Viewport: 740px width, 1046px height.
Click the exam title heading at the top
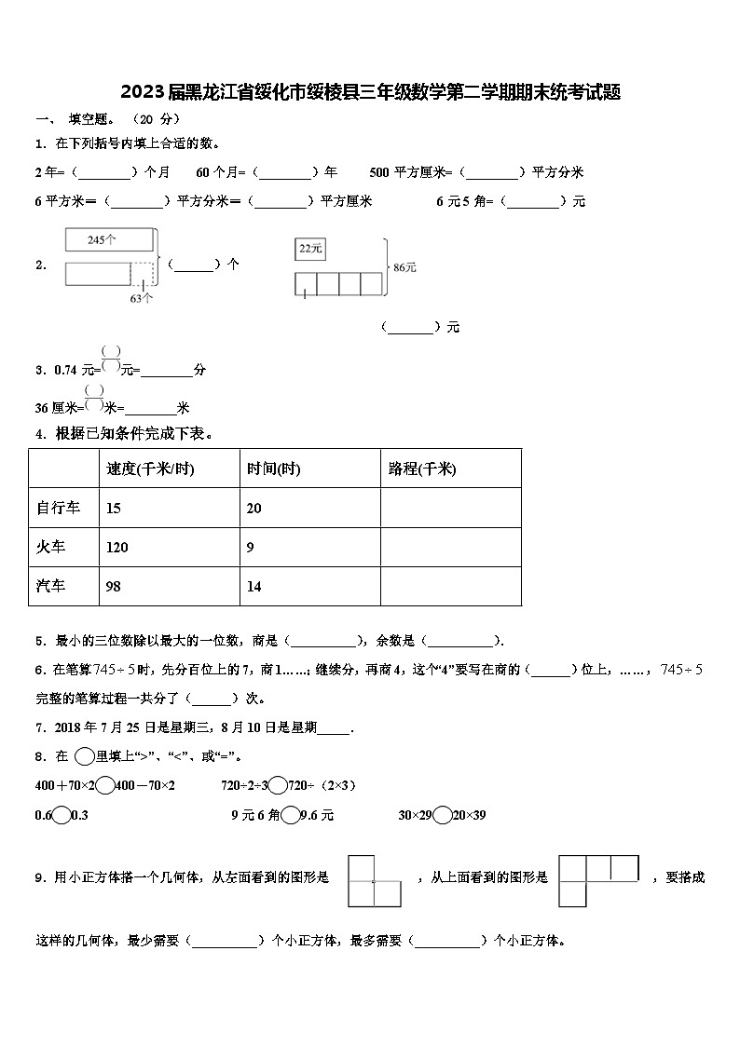coord(370,92)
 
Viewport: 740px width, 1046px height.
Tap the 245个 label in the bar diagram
coord(102,240)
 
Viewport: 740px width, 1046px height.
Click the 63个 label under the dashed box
coord(142,298)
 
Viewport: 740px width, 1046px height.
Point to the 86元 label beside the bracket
coord(404,267)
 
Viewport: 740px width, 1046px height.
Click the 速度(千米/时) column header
coord(151,469)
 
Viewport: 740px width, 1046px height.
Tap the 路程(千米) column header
coord(422,469)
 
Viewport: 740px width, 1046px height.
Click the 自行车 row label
coord(58,508)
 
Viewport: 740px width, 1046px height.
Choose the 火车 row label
coord(51,547)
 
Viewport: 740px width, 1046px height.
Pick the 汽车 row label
coord(51,586)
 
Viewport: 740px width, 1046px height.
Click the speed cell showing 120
coord(117,548)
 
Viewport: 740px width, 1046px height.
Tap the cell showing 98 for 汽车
coord(114,587)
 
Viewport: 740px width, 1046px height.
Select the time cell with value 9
coord(251,548)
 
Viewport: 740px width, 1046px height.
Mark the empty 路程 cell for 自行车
coord(450,508)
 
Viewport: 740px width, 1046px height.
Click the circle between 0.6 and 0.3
coord(62,815)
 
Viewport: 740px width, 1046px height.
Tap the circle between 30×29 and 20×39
coord(443,815)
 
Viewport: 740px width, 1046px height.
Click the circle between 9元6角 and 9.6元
coord(291,815)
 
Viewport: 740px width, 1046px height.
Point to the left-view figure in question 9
coord(374,881)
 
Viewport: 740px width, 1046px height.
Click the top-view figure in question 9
coord(599,880)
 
